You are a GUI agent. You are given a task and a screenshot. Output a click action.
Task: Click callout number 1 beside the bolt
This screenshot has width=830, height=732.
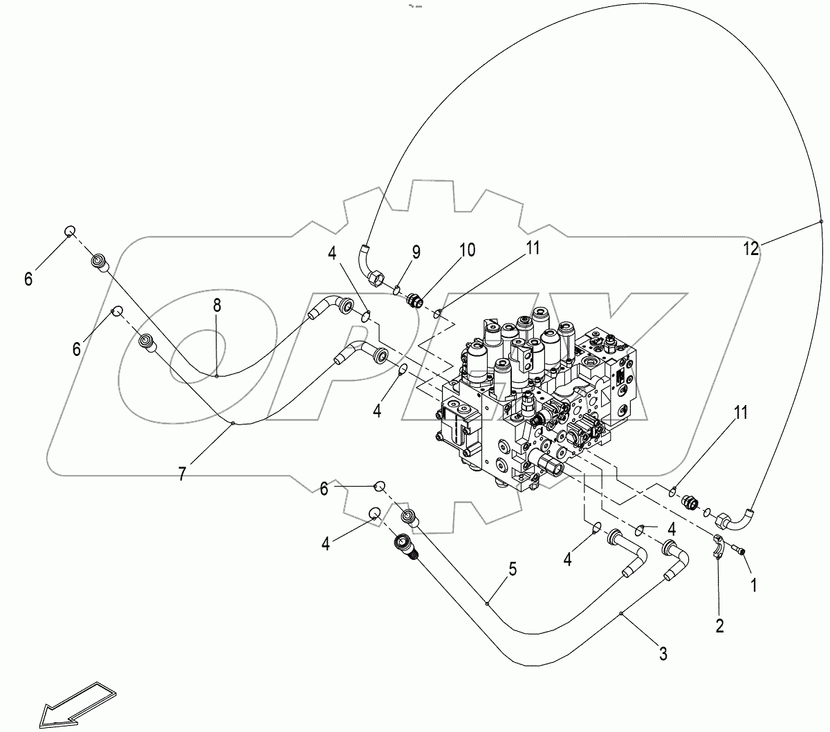point(754,584)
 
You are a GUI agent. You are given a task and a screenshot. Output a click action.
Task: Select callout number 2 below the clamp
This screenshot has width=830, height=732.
point(719,626)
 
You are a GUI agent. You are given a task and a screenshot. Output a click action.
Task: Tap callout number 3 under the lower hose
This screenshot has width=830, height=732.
point(663,653)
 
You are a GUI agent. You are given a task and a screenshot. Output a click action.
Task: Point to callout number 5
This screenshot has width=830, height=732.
point(512,570)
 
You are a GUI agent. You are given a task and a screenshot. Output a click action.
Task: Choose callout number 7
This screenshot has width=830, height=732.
point(182,474)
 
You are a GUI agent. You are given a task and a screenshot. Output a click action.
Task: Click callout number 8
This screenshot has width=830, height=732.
point(217,305)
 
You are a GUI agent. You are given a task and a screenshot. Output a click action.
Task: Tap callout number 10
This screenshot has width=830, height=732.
point(468,250)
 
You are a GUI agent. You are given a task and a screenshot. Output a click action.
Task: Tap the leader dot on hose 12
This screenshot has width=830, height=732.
point(821,221)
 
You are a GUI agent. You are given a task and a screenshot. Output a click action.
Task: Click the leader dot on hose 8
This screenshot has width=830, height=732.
point(216,376)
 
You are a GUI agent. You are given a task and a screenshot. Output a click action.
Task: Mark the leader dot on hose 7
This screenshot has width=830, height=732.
point(233,423)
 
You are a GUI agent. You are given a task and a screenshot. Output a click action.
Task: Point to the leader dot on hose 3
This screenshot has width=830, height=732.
point(621,614)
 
